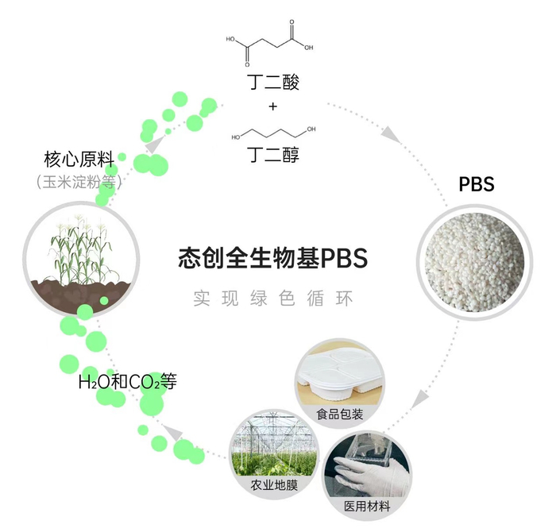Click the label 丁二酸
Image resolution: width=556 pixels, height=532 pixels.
pos(272,83)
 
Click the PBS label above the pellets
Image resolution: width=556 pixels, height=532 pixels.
pos(477,185)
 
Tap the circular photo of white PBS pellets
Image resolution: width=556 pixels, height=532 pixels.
pos(471,252)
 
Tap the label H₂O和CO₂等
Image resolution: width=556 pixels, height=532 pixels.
pos(126,382)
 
